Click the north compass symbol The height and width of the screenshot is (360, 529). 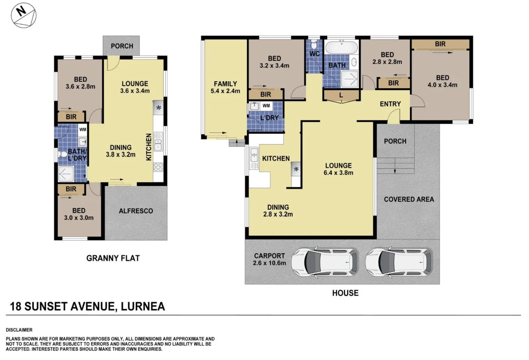click(24, 15)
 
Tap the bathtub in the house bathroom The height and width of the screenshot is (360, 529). click(341, 47)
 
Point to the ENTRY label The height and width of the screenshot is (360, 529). click(391, 104)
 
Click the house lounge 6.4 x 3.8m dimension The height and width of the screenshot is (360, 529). click(339, 173)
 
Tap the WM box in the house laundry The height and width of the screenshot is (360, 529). click(266, 106)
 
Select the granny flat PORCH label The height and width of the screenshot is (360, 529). click(122, 46)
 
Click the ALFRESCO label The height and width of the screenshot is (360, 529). click(136, 211)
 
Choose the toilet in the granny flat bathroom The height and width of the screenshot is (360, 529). click(63, 154)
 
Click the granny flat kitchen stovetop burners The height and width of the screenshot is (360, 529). click(158, 167)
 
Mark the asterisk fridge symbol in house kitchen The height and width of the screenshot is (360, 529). click(296, 169)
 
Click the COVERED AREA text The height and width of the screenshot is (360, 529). click(409, 200)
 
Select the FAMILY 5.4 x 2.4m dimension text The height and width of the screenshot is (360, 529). click(225, 91)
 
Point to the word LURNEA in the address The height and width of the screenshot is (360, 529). click(143, 307)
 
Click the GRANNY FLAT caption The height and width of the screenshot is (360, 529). click(113, 258)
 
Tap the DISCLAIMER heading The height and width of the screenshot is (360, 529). click(19, 330)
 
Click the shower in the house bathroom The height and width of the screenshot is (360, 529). click(350, 79)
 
